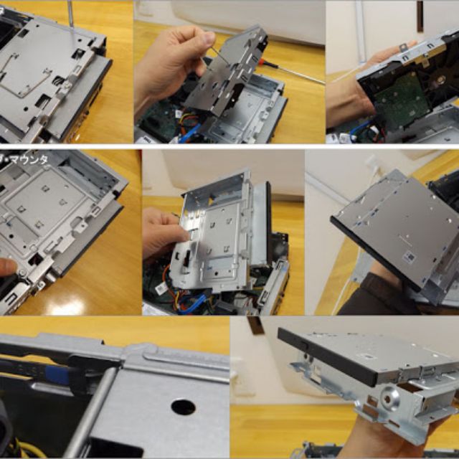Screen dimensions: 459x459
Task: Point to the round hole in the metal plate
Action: (183, 407)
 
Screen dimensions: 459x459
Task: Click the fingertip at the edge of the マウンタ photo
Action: (6, 268)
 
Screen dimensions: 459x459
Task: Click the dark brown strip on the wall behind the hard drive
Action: (420, 16)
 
